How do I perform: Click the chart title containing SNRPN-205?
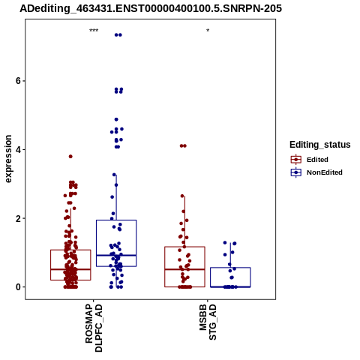(151, 8)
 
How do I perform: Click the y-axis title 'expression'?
(8, 159)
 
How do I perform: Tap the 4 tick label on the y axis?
(18, 150)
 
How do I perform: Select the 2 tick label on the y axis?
(18, 218)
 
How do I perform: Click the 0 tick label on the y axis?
(18, 287)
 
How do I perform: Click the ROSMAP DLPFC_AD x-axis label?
(94, 328)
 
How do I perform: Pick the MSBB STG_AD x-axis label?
(208, 322)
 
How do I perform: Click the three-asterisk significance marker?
(94, 31)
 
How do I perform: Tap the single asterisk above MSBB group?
(208, 31)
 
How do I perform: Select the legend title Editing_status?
(320, 145)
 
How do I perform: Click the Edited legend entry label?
(317, 160)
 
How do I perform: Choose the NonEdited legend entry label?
(325, 172)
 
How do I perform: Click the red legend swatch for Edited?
(296, 160)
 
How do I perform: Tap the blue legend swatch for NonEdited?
(296, 172)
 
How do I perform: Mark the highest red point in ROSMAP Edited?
(70, 157)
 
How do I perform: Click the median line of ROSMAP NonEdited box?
(116, 255)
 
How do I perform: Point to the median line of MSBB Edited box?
(184, 269)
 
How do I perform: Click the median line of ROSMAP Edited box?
(70, 269)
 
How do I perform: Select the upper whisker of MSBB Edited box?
(184, 221)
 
